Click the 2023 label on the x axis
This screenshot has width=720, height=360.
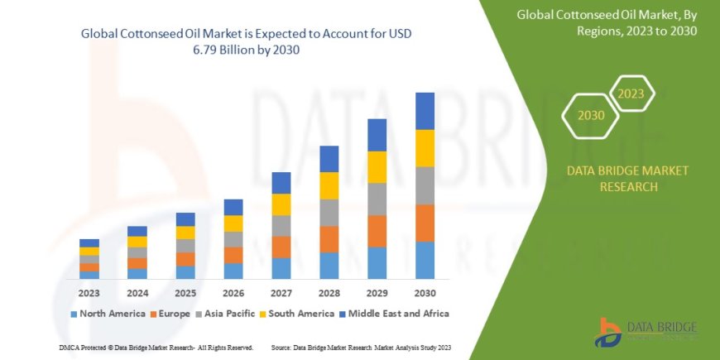click(x=89, y=293)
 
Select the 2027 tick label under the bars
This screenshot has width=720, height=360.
click(x=281, y=293)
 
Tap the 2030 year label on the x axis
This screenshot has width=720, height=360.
click(x=425, y=293)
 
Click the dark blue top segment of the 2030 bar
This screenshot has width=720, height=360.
click(x=425, y=111)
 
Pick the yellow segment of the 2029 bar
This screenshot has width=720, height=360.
click(x=377, y=167)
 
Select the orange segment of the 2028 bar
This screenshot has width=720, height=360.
click(x=329, y=239)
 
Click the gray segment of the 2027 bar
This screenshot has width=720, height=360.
click(x=281, y=226)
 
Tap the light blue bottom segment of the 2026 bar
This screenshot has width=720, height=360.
click(x=233, y=271)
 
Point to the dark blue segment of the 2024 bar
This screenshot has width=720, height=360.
click(x=137, y=231)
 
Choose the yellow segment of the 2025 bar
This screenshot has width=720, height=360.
click(x=185, y=233)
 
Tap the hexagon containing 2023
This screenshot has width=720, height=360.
click(x=631, y=94)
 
